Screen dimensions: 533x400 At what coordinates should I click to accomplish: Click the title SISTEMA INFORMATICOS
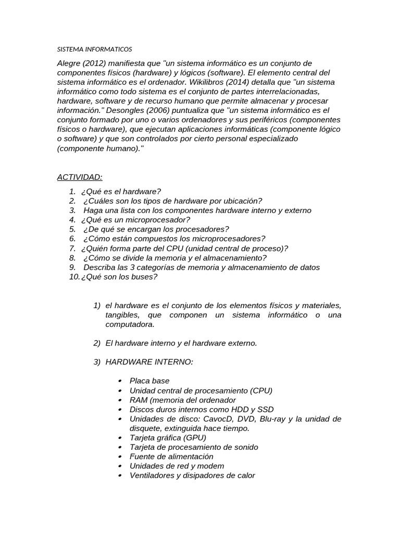(94, 49)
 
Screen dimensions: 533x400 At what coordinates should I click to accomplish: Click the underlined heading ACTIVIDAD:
(80, 177)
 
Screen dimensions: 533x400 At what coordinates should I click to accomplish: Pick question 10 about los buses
(119, 276)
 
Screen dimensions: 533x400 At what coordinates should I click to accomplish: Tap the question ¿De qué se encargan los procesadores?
(155, 229)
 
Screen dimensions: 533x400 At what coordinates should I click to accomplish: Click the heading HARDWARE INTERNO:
(149, 362)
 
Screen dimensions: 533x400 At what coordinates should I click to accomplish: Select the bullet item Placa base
(149, 381)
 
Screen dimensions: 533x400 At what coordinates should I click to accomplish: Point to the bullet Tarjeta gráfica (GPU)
(168, 438)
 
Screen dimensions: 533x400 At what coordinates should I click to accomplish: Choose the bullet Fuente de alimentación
(171, 456)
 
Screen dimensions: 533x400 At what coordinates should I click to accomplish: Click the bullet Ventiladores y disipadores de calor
(192, 475)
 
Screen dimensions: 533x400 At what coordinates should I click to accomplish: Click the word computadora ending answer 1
(130, 324)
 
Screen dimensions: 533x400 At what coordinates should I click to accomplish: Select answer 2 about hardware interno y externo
(181, 343)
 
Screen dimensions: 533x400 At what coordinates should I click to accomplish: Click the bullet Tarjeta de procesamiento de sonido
(194, 447)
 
